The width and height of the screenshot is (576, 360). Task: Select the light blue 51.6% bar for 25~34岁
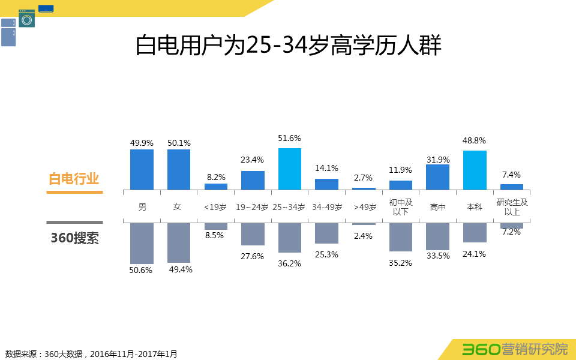point(289,169)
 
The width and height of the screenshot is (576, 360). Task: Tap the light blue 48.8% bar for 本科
point(475,170)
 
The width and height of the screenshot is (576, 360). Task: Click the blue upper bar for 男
point(142,170)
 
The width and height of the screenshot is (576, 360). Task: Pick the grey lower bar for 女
point(179,243)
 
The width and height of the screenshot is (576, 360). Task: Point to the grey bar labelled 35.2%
point(401,238)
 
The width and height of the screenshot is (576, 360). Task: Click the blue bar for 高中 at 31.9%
point(437,177)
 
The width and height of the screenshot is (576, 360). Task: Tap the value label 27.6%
point(253,256)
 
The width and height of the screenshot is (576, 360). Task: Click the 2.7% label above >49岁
point(364,178)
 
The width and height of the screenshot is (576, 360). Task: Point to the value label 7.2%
point(511,232)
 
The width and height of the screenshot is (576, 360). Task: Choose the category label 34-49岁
point(326,207)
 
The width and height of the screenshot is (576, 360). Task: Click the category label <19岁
point(215,207)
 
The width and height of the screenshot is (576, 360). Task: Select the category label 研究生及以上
point(512,207)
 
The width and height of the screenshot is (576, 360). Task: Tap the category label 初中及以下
point(400,207)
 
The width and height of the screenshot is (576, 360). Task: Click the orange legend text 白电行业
point(74,178)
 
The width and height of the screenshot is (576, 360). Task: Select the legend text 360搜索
point(74,238)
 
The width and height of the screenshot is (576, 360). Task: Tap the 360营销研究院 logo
point(515,349)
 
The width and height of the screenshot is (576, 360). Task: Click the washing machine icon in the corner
point(26,19)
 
